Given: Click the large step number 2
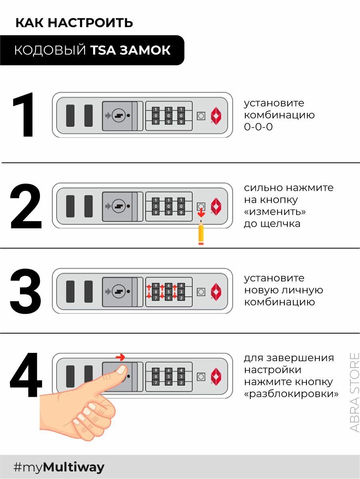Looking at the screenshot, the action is (26, 206).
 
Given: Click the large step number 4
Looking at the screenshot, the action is (26, 376).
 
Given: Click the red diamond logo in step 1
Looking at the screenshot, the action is (216, 115).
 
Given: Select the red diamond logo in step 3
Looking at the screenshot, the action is (216, 291).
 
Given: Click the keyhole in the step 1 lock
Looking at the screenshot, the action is (118, 115).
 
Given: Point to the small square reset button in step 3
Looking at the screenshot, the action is (201, 291).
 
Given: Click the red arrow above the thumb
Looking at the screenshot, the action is (120, 357).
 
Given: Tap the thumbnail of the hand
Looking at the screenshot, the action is (120, 370).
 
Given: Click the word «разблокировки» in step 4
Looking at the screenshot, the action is (291, 394).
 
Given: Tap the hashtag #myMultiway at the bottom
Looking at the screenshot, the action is (59, 467).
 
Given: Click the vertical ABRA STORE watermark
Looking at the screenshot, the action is (354, 392).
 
